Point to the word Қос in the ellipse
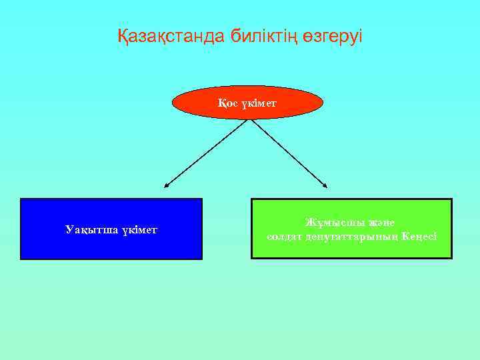[x=225, y=103]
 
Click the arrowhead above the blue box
[x=167, y=183]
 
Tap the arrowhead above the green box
[x=324, y=183]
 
